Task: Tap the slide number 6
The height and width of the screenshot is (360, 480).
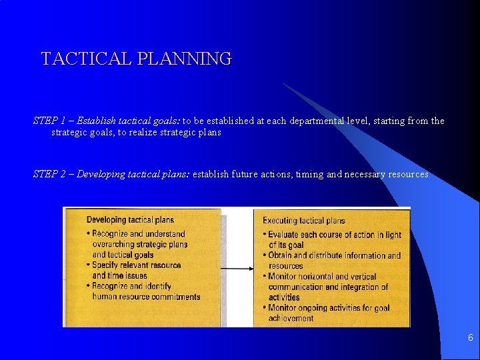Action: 470,338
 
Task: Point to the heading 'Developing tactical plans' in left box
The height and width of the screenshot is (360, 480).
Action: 130,220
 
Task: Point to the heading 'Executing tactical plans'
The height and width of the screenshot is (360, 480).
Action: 304,221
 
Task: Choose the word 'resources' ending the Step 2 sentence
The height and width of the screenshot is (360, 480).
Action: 405,174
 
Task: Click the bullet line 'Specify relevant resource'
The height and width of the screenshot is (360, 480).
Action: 136,265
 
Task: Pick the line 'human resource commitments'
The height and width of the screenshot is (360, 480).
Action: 146,297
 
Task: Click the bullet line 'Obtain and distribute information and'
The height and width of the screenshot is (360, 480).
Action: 335,255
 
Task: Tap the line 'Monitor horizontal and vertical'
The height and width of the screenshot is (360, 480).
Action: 323,277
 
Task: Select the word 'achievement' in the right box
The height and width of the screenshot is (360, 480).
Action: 291,318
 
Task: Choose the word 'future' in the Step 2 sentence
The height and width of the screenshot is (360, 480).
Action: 246,174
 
